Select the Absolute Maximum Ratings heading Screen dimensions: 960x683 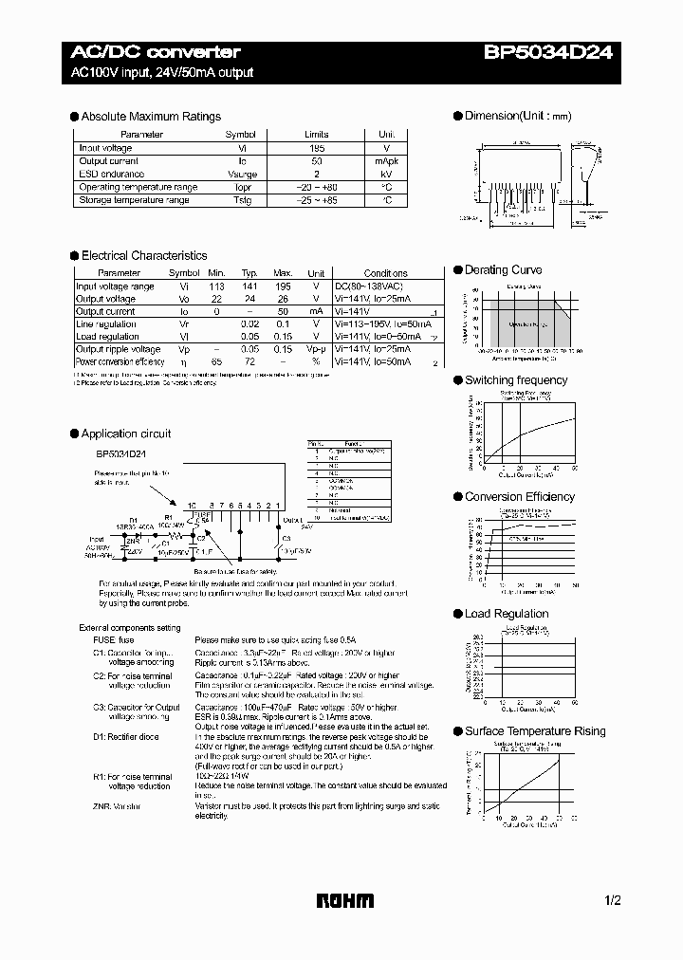151,117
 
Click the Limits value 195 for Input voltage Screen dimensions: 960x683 316,148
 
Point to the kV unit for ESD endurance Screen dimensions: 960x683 386,175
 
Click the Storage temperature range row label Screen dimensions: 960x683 134,200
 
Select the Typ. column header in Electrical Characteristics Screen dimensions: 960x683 249,273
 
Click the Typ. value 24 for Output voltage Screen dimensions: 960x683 249,299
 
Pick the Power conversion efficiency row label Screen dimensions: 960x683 120,361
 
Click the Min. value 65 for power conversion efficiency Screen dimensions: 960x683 216,361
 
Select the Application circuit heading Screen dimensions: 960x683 126,434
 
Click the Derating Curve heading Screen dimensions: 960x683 503,270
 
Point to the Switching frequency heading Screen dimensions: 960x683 515,380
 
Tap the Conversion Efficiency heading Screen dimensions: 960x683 519,497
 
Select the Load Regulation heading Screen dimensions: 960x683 507,614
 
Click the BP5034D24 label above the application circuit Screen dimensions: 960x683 120,453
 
